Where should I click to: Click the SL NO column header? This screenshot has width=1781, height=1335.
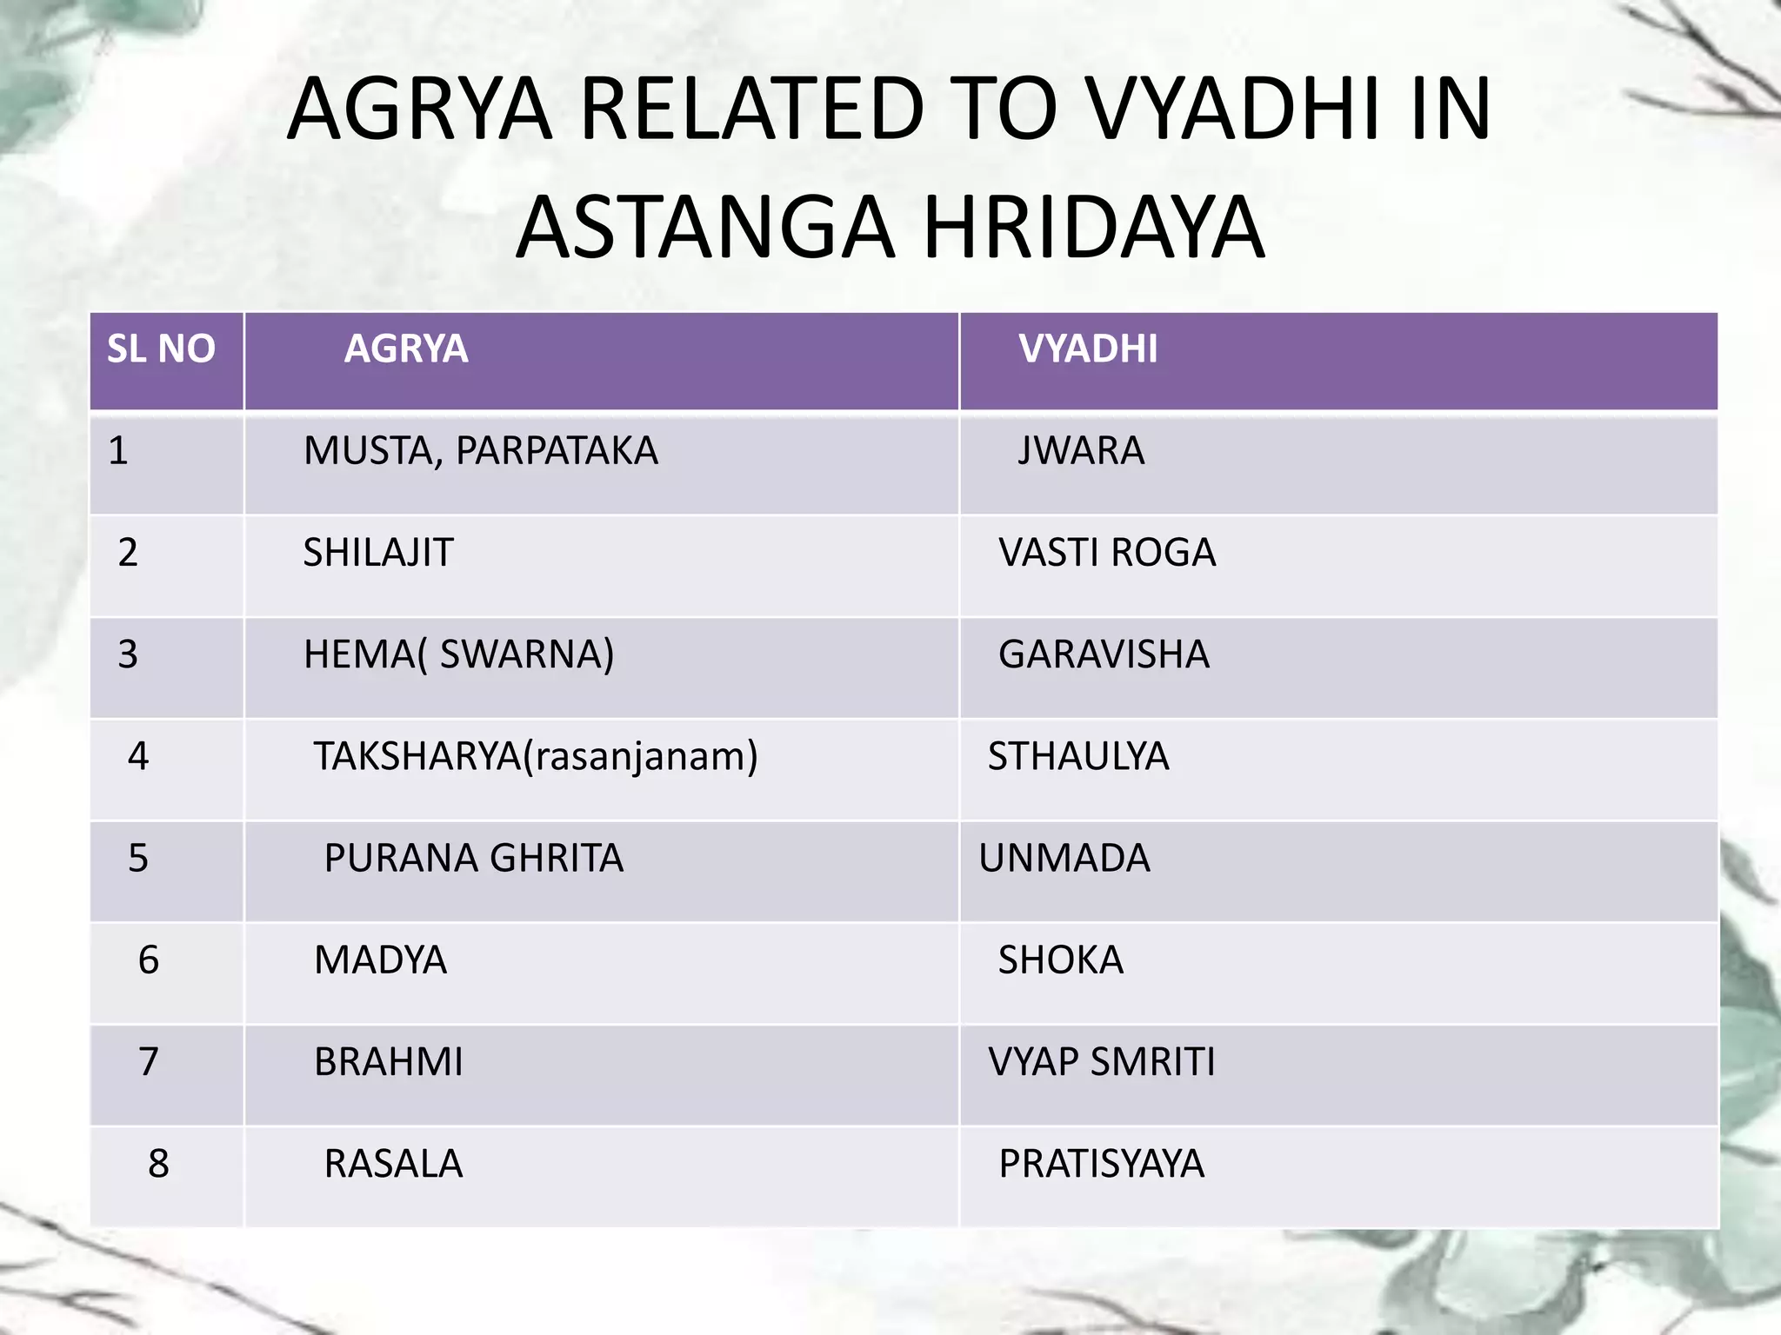click(x=161, y=349)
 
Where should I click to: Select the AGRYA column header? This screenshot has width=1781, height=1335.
click(x=406, y=349)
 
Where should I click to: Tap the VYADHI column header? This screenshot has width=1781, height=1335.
click(x=1088, y=349)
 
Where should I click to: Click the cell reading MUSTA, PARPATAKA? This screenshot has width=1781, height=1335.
click(x=480, y=451)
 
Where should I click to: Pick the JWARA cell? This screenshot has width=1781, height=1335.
click(x=1081, y=451)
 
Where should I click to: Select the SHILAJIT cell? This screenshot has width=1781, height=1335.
click(x=378, y=553)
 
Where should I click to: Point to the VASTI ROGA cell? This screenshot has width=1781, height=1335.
click(x=1106, y=553)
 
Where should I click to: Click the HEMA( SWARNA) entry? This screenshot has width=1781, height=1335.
click(x=458, y=654)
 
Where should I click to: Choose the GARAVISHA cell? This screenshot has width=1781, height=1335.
click(x=1104, y=654)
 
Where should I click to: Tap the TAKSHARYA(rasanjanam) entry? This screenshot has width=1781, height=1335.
click(x=536, y=756)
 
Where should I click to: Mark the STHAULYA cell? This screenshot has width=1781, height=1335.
click(x=1078, y=756)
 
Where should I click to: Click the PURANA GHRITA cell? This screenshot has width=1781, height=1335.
click(x=474, y=859)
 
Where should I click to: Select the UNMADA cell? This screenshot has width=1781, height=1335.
click(x=1064, y=859)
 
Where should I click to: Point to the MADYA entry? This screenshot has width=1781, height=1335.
click(x=380, y=960)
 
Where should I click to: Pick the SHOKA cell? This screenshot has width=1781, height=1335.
click(x=1060, y=960)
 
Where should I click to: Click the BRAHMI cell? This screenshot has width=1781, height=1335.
click(x=389, y=1062)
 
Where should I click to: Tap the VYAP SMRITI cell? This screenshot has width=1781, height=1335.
click(x=1102, y=1062)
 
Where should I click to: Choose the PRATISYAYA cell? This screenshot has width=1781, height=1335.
click(x=1101, y=1164)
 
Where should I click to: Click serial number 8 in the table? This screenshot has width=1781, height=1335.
click(x=158, y=1164)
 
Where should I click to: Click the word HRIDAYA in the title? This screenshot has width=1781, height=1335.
click(x=1093, y=228)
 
